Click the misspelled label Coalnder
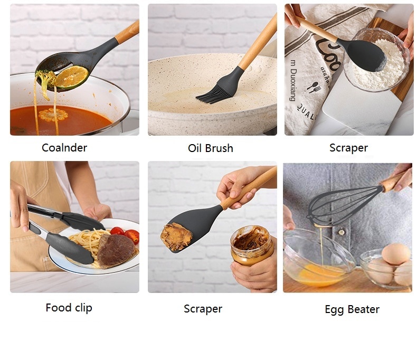tap(64, 148)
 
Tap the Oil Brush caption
tap(210, 148)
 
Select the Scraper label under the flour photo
tap(348, 148)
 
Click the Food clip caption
tap(69, 307)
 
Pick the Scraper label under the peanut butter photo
tap(203, 309)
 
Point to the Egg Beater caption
tap(352, 309)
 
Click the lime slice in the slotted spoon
tap(71, 77)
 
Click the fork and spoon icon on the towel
tap(314, 87)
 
